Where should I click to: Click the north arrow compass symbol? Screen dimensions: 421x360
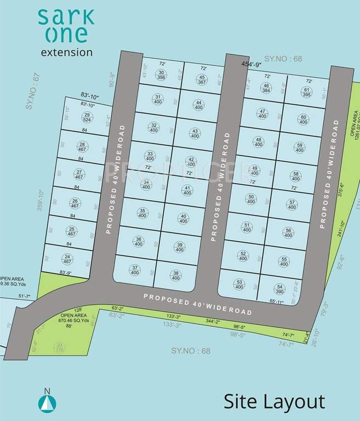(x=47, y=402)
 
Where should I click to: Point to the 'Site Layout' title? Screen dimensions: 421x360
(x=274, y=401)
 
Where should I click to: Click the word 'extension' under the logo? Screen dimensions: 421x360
(x=67, y=53)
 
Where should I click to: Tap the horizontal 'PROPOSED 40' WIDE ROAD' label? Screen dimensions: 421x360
(x=198, y=304)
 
